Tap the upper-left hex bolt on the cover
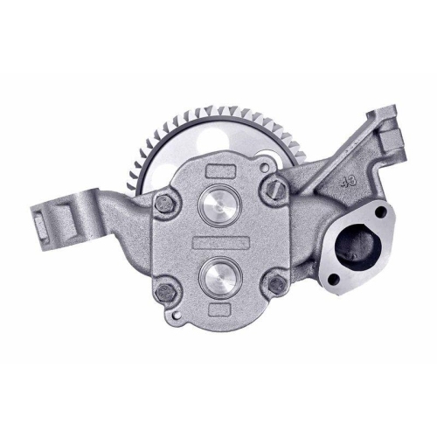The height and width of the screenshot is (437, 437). (163, 204)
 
